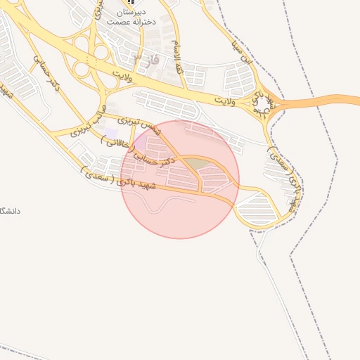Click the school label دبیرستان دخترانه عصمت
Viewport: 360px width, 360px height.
[127, 18]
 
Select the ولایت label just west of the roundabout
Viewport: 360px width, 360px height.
[224, 103]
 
